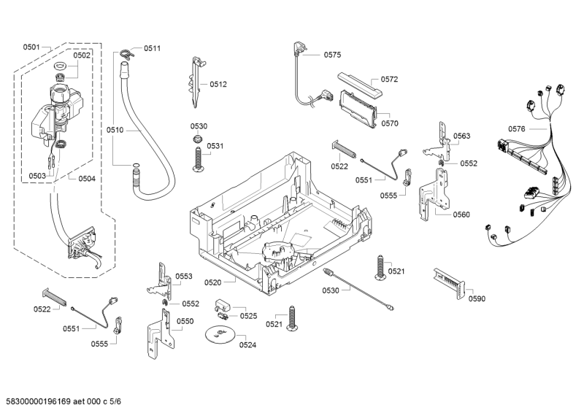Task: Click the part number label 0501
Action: click(x=31, y=47)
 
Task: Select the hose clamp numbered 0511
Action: click(x=126, y=51)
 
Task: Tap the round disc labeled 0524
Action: click(x=218, y=335)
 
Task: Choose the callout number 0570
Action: click(x=390, y=123)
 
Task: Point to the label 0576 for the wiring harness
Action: click(x=517, y=129)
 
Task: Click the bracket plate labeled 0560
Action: click(x=435, y=193)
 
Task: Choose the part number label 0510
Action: click(x=115, y=131)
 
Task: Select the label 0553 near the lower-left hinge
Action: click(x=183, y=277)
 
